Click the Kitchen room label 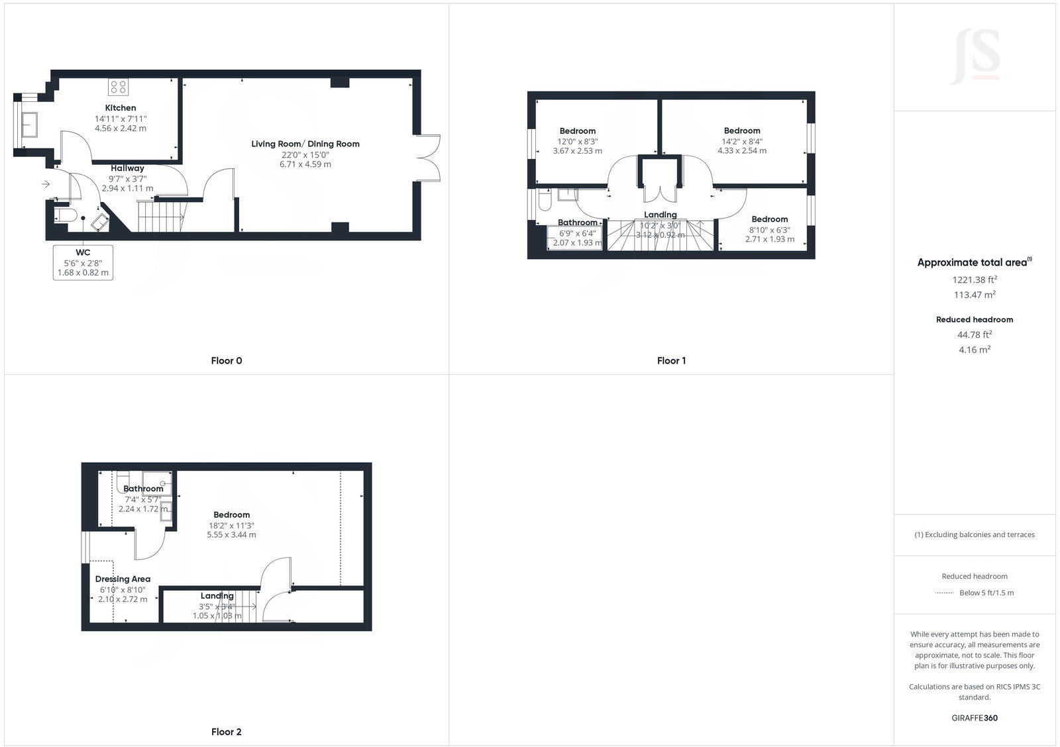click(x=121, y=108)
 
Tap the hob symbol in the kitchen click(x=119, y=87)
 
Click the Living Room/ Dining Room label click(x=305, y=144)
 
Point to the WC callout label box click(x=83, y=262)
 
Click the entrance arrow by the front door click(x=46, y=184)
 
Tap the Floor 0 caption click(x=227, y=361)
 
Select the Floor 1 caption click(x=671, y=361)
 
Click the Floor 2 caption click(x=227, y=732)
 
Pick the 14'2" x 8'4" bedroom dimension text click(x=742, y=141)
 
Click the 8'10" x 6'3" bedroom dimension click(x=770, y=230)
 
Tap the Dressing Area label click(x=123, y=579)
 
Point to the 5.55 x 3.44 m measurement click(x=232, y=534)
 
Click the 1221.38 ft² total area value click(x=975, y=280)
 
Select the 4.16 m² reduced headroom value click(x=975, y=350)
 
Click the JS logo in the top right click(x=975, y=56)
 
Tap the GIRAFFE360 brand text click(x=975, y=718)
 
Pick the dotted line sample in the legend click(x=944, y=593)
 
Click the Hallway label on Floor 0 click(x=127, y=168)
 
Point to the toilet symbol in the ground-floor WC click(x=66, y=216)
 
